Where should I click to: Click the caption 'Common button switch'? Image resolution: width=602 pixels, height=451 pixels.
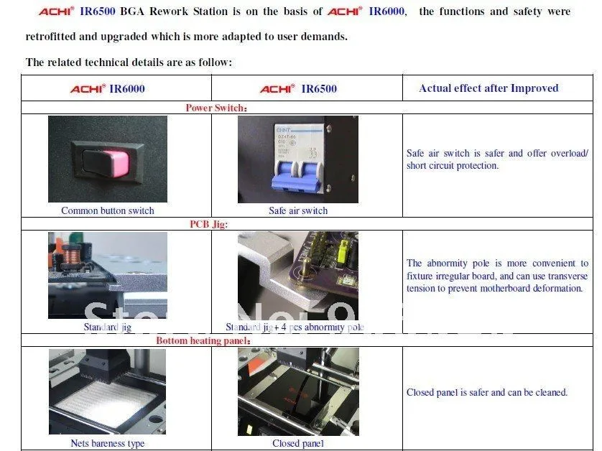click(x=107, y=210)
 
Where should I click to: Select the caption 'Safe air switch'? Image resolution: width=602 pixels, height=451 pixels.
click(x=298, y=210)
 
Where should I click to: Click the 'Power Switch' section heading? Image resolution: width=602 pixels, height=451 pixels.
click(x=216, y=108)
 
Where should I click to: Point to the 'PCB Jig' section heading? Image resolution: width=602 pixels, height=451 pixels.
click(x=208, y=224)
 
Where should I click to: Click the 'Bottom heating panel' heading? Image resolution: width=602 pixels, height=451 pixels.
click(x=203, y=340)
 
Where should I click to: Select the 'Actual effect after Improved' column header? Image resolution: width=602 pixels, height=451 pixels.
click(x=488, y=88)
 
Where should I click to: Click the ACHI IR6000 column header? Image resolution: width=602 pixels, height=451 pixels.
click(x=108, y=89)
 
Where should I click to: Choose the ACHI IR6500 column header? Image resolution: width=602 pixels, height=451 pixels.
click(x=298, y=89)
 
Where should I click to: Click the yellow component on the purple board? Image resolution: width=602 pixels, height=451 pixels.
click(x=343, y=251)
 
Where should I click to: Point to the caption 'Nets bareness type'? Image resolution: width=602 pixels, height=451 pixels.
click(x=107, y=443)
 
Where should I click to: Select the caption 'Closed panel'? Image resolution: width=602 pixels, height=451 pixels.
click(x=298, y=443)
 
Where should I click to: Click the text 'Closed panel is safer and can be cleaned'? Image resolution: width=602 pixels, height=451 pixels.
click(x=487, y=392)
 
